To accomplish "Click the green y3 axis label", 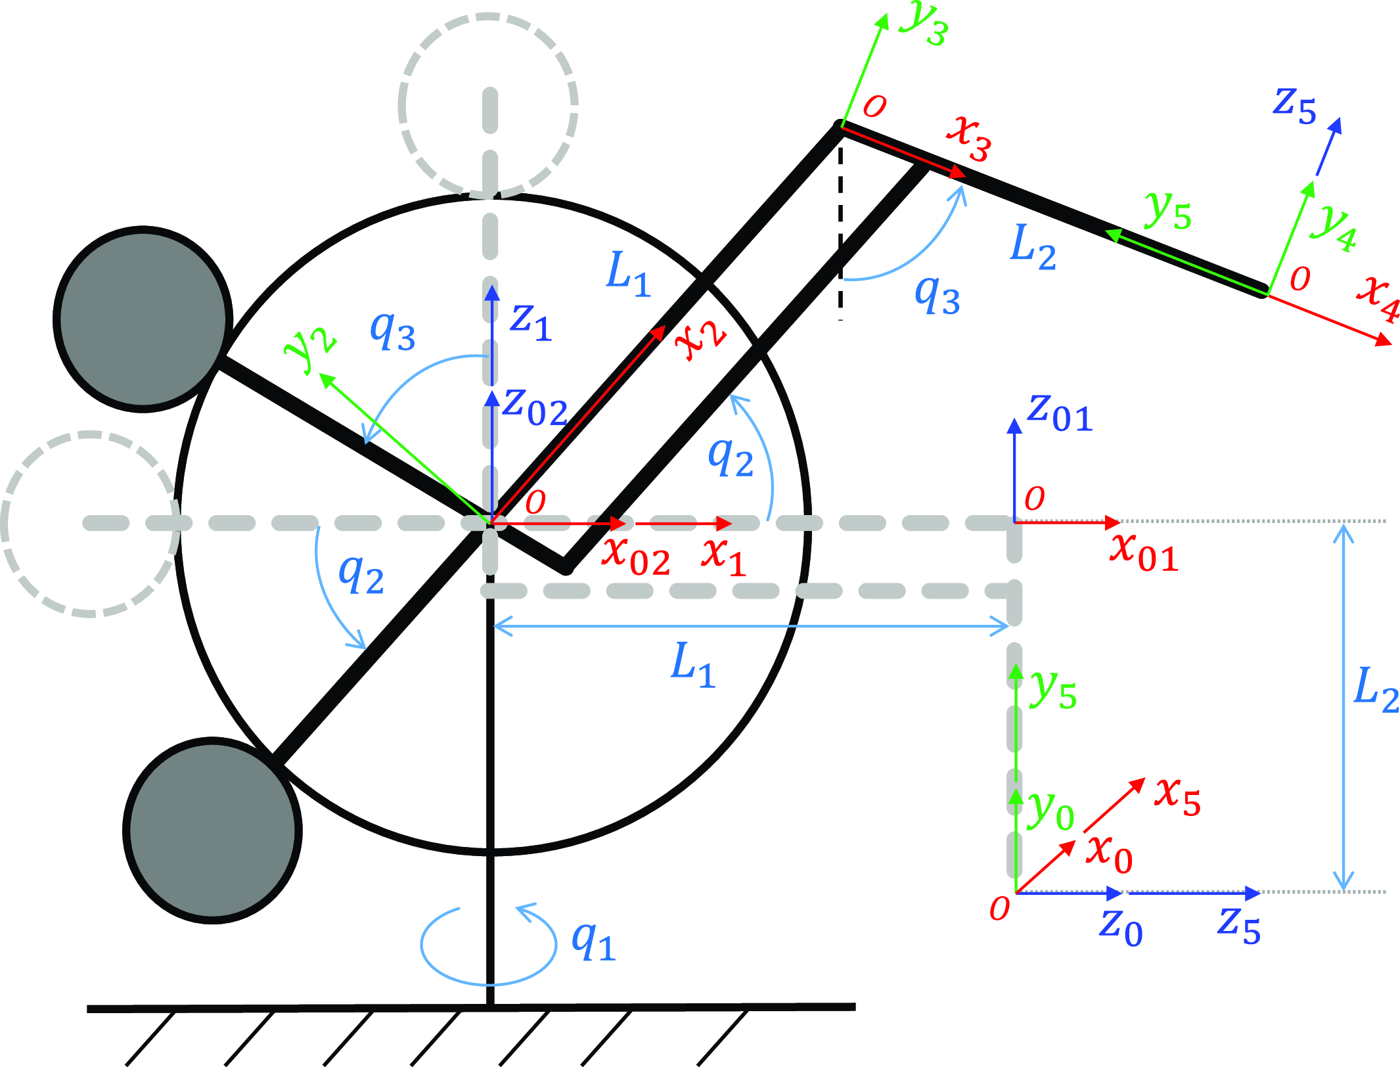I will pos(924,23).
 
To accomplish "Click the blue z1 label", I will pos(531,322).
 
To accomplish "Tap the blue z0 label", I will pos(1121,926).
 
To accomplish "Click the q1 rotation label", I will pos(593,942).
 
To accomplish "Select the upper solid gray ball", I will pos(143,319).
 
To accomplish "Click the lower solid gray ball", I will pos(212,830).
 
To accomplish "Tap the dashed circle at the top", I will pos(488,105).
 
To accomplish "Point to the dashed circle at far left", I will pos(90,524).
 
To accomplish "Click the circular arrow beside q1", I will pos(488,946).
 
